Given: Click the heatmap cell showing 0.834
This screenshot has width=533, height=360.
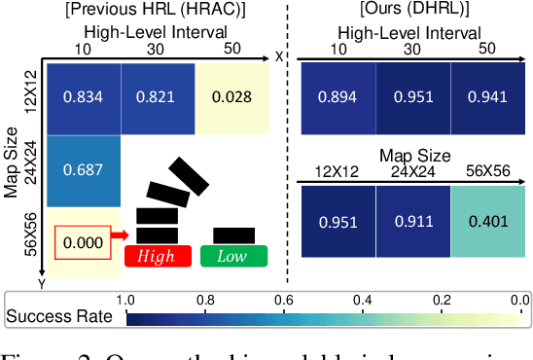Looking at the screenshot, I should pyautogui.click(x=84, y=96).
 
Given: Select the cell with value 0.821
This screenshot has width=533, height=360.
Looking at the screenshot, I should pyautogui.click(x=158, y=96).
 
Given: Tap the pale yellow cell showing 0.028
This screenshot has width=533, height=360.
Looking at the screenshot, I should pyautogui.click(x=231, y=96).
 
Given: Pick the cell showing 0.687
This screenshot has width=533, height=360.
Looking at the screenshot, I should pyautogui.click(x=84, y=169).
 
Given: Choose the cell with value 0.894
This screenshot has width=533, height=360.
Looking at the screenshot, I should pyautogui.click(x=337, y=96).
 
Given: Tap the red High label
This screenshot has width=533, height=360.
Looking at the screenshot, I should pyautogui.click(x=156, y=256).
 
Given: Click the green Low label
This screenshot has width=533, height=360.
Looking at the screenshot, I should pyautogui.click(x=231, y=256).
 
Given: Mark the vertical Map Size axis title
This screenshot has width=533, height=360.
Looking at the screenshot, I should pyautogui.click(x=13, y=160).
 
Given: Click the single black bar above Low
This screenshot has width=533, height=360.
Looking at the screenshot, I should pyautogui.click(x=233, y=234).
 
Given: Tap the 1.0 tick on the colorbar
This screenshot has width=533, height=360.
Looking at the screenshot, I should pyautogui.click(x=124, y=299).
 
